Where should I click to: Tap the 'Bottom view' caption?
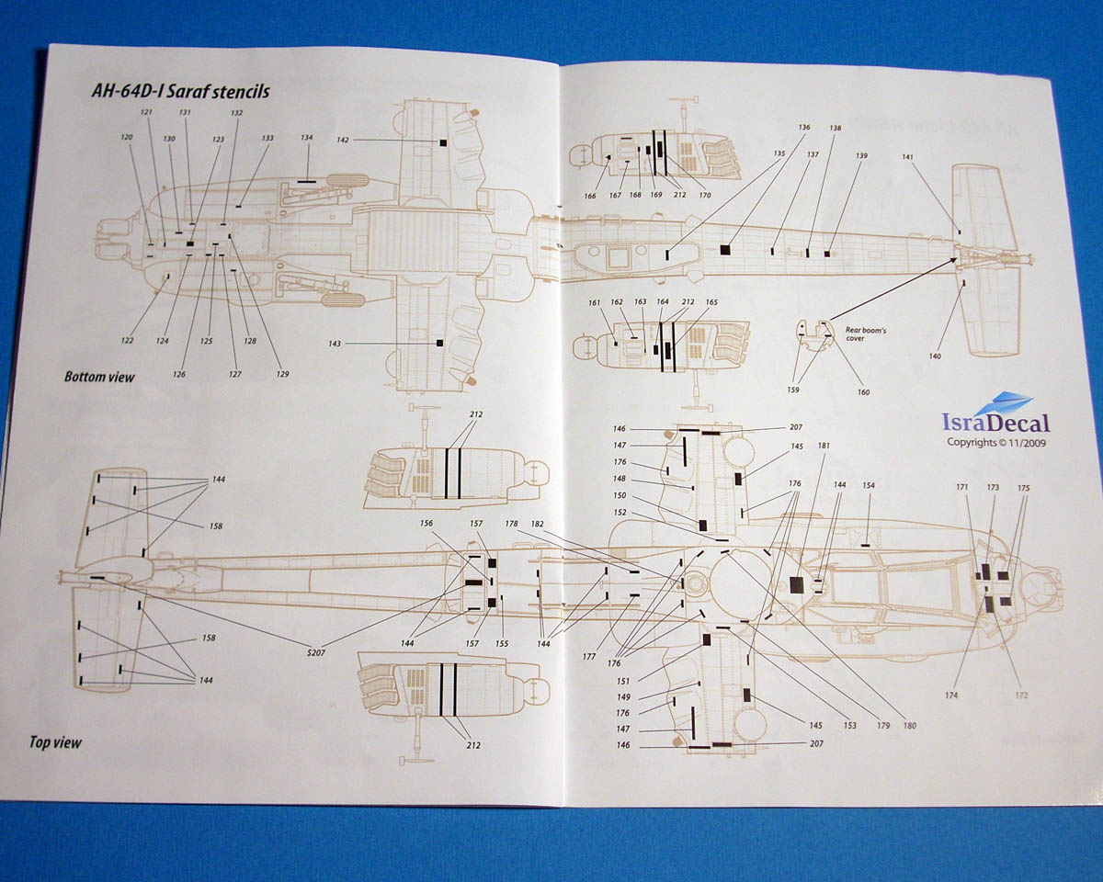tap(99, 377)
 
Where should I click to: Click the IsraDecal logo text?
tap(995, 423)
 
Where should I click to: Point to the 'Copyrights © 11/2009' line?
tap(996, 442)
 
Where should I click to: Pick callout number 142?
tap(343, 140)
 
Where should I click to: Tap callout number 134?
tap(306, 138)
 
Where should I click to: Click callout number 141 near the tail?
tap(908, 157)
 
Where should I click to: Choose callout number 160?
tap(863, 392)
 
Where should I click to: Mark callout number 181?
tap(824, 447)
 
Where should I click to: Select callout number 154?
tap(869, 485)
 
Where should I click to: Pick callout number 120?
tap(127, 137)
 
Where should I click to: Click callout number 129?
tap(282, 374)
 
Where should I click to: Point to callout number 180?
tap(910, 725)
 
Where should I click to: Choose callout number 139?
tap(861, 156)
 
